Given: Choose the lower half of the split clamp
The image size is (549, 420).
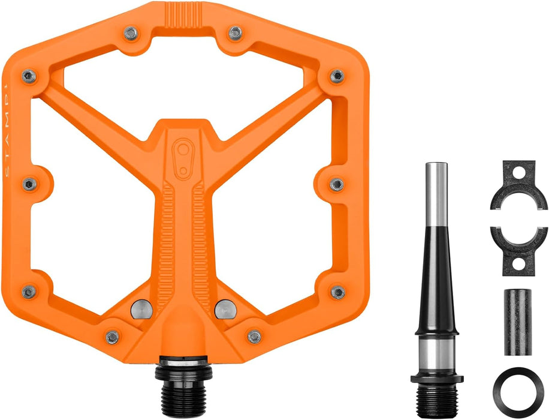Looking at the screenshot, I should click(x=518, y=246).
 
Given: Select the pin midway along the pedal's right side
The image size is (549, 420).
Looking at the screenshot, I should click(x=337, y=184).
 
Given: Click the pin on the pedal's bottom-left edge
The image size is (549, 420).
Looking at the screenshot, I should click(x=29, y=292).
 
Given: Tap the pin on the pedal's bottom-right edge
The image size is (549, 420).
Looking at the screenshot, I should click(x=337, y=292).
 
